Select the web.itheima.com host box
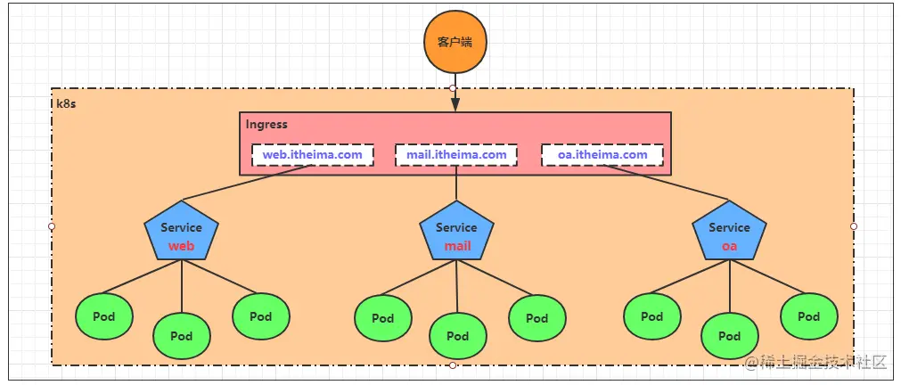(312, 155)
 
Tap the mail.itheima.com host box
(455, 155)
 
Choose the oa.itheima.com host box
(602, 155)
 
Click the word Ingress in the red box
(266, 125)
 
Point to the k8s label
(65, 103)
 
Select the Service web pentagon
(182, 233)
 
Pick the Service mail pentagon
(456, 233)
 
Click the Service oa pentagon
(729, 233)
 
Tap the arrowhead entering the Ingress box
(455, 104)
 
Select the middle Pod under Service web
(182, 336)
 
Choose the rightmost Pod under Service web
(260, 316)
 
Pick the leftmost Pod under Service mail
(382, 318)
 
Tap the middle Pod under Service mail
(457, 336)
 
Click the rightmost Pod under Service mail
(537, 318)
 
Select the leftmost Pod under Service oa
(651, 316)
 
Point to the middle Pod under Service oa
(729, 336)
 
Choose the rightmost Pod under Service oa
(808, 316)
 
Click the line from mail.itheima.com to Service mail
(456, 185)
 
